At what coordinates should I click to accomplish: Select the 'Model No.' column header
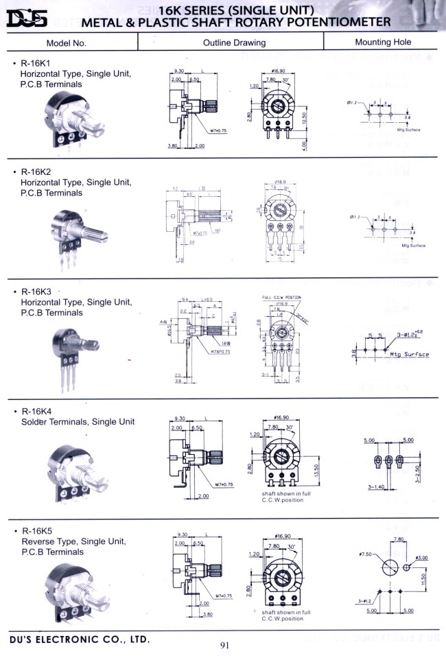[x=66, y=43]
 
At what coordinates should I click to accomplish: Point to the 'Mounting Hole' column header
[x=383, y=42]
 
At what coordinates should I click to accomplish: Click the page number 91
[x=225, y=644]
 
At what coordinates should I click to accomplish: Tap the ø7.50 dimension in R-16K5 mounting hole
[x=364, y=552]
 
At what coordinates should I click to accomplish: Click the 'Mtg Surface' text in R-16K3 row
[x=410, y=355]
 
